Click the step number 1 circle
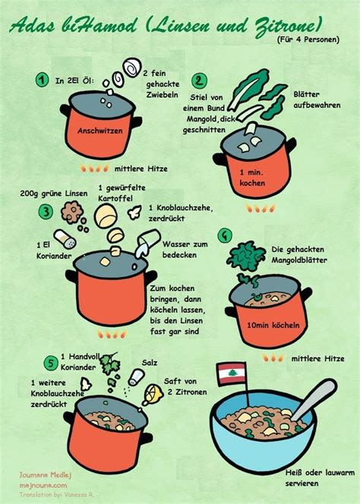[x=43, y=79]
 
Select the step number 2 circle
[x=199, y=80]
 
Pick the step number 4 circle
[x=224, y=236]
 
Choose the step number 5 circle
[x=50, y=362]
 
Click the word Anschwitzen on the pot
[x=99, y=131]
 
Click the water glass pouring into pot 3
[x=147, y=244]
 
